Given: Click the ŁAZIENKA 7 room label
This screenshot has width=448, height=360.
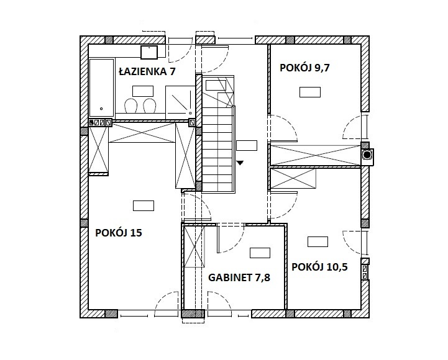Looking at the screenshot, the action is (x=147, y=71).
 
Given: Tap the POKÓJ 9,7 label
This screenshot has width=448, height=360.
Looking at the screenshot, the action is (x=304, y=68).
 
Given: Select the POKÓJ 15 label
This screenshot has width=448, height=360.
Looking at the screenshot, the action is (x=118, y=233).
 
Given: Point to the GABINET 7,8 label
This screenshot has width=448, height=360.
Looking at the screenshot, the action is (x=239, y=277).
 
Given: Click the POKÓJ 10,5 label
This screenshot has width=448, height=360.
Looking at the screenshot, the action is (x=319, y=267).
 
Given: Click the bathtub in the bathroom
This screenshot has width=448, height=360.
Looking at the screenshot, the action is (x=101, y=88).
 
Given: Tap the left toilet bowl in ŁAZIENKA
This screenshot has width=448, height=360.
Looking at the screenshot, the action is (x=131, y=106).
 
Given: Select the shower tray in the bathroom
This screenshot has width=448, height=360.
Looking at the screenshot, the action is (x=180, y=102).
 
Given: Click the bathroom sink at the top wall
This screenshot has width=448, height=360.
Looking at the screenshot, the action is (x=149, y=52).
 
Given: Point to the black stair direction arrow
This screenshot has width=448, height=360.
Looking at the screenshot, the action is (x=240, y=163).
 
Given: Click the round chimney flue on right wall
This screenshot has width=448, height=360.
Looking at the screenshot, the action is (x=367, y=155).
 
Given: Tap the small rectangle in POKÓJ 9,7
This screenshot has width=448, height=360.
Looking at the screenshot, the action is (x=310, y=92).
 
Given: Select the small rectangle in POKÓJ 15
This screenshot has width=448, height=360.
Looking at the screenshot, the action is (x=144, y=206).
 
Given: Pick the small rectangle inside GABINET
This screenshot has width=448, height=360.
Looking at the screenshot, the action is (x=260, y=253).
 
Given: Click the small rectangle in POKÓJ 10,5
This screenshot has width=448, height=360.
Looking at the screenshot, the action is (x=318, y=242).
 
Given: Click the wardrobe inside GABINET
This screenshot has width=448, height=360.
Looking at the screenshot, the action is (x=194, y=246).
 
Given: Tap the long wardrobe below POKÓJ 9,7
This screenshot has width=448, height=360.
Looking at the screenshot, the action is (x=316, y=155).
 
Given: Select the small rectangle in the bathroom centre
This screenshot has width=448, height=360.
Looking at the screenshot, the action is (x=143, y=91).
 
